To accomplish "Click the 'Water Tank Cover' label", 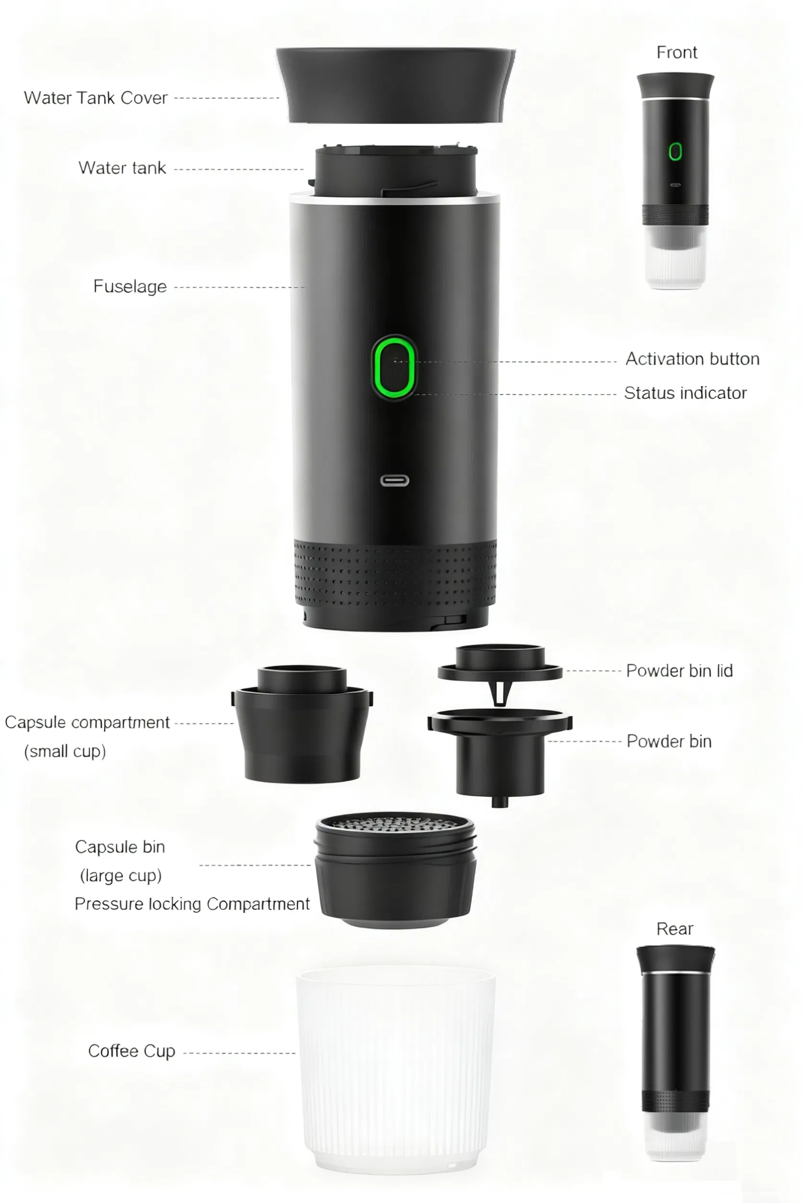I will (95, 98).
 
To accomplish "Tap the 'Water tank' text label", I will (122, 168).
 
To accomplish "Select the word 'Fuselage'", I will (130, 286).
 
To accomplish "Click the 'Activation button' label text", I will (692, 359).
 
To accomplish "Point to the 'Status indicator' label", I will (685, 393).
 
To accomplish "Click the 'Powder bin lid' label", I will (679, 671).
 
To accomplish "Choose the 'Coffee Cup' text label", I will (131, 1051).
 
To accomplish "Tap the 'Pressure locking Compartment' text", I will (192, 904).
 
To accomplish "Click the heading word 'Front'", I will (676, 52).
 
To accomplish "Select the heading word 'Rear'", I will (674, 929).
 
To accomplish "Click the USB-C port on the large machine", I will (394, 480).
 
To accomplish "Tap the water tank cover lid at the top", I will (395, 84).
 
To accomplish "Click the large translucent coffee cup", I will (395, 1069).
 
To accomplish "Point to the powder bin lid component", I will (500, 668).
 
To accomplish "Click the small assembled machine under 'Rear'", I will (675, 1054).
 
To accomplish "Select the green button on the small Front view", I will (675, 152).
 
